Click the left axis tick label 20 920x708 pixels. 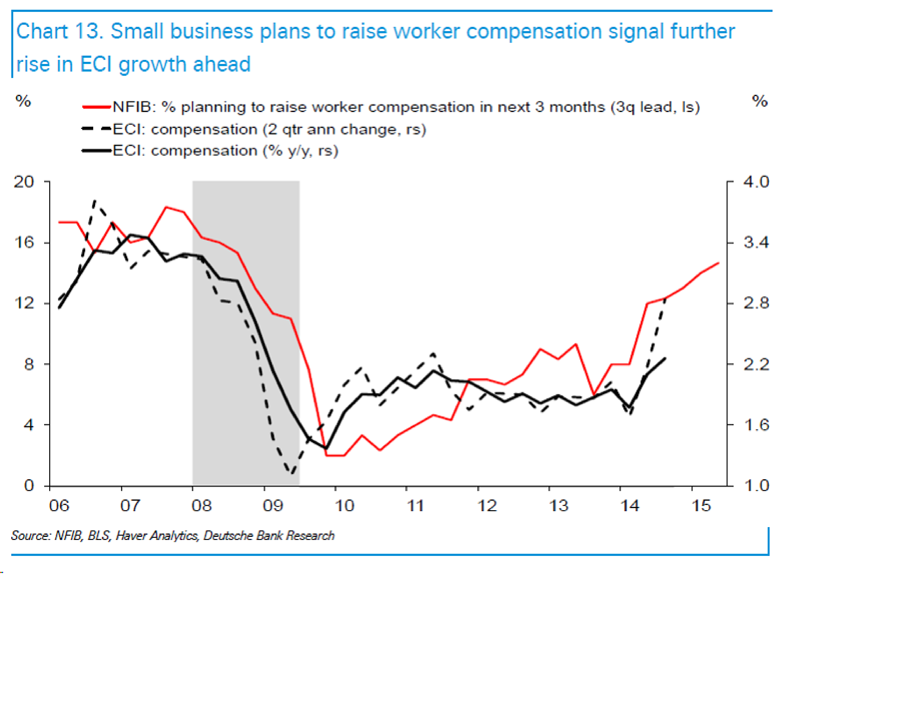click(24, 182)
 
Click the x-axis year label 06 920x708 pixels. click(59, 505)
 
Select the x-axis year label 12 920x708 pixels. click(487, 505)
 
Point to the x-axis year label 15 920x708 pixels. click(701, 505)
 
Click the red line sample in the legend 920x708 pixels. click(97, 107)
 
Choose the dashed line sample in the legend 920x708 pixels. click(97, 129)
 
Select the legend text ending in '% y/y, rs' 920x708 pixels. click(225, 151)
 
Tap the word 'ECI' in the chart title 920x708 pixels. click(96, 64)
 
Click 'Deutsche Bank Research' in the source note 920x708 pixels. click(269, 536)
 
